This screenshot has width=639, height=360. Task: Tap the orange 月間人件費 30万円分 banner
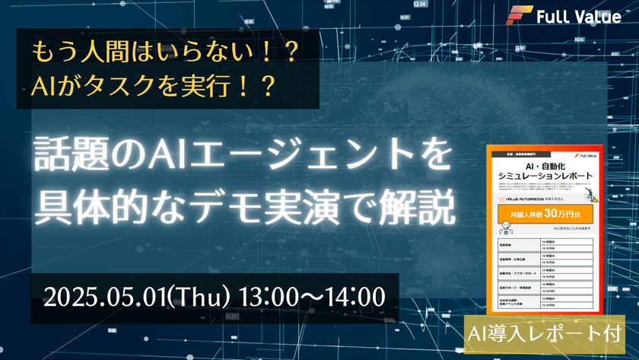point(545,213)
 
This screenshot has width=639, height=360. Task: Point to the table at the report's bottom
point(545,273)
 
